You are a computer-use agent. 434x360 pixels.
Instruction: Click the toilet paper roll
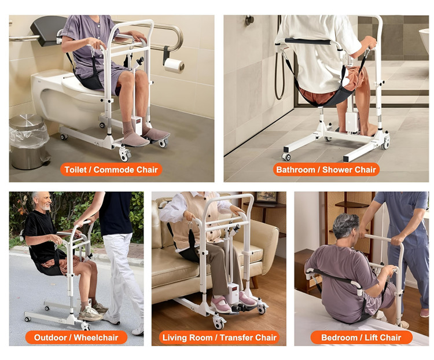coord(174,65)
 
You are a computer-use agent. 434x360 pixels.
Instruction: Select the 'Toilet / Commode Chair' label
coord(111,170)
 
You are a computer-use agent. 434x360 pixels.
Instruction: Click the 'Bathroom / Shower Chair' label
coord(326,170)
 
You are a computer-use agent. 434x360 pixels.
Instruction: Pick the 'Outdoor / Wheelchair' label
coord(76,337)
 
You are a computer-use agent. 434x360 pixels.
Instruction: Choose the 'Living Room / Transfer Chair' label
coord(219,337)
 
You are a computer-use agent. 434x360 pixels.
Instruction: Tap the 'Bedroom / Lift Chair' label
coord(361,337)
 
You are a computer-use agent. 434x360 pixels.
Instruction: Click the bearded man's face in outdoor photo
coord(45,201)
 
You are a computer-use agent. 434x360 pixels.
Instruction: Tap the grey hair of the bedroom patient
coord(345,225)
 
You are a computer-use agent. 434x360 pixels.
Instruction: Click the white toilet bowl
coord(64,97)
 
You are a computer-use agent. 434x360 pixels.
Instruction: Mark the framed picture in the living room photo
coord(266,197)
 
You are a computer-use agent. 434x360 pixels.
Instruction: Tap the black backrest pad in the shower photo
coord(308,41)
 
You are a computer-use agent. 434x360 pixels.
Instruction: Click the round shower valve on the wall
coord(249,20)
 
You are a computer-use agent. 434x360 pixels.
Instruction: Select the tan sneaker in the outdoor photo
coord(90,314)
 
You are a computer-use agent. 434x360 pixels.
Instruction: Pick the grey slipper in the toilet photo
coord(135,139)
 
